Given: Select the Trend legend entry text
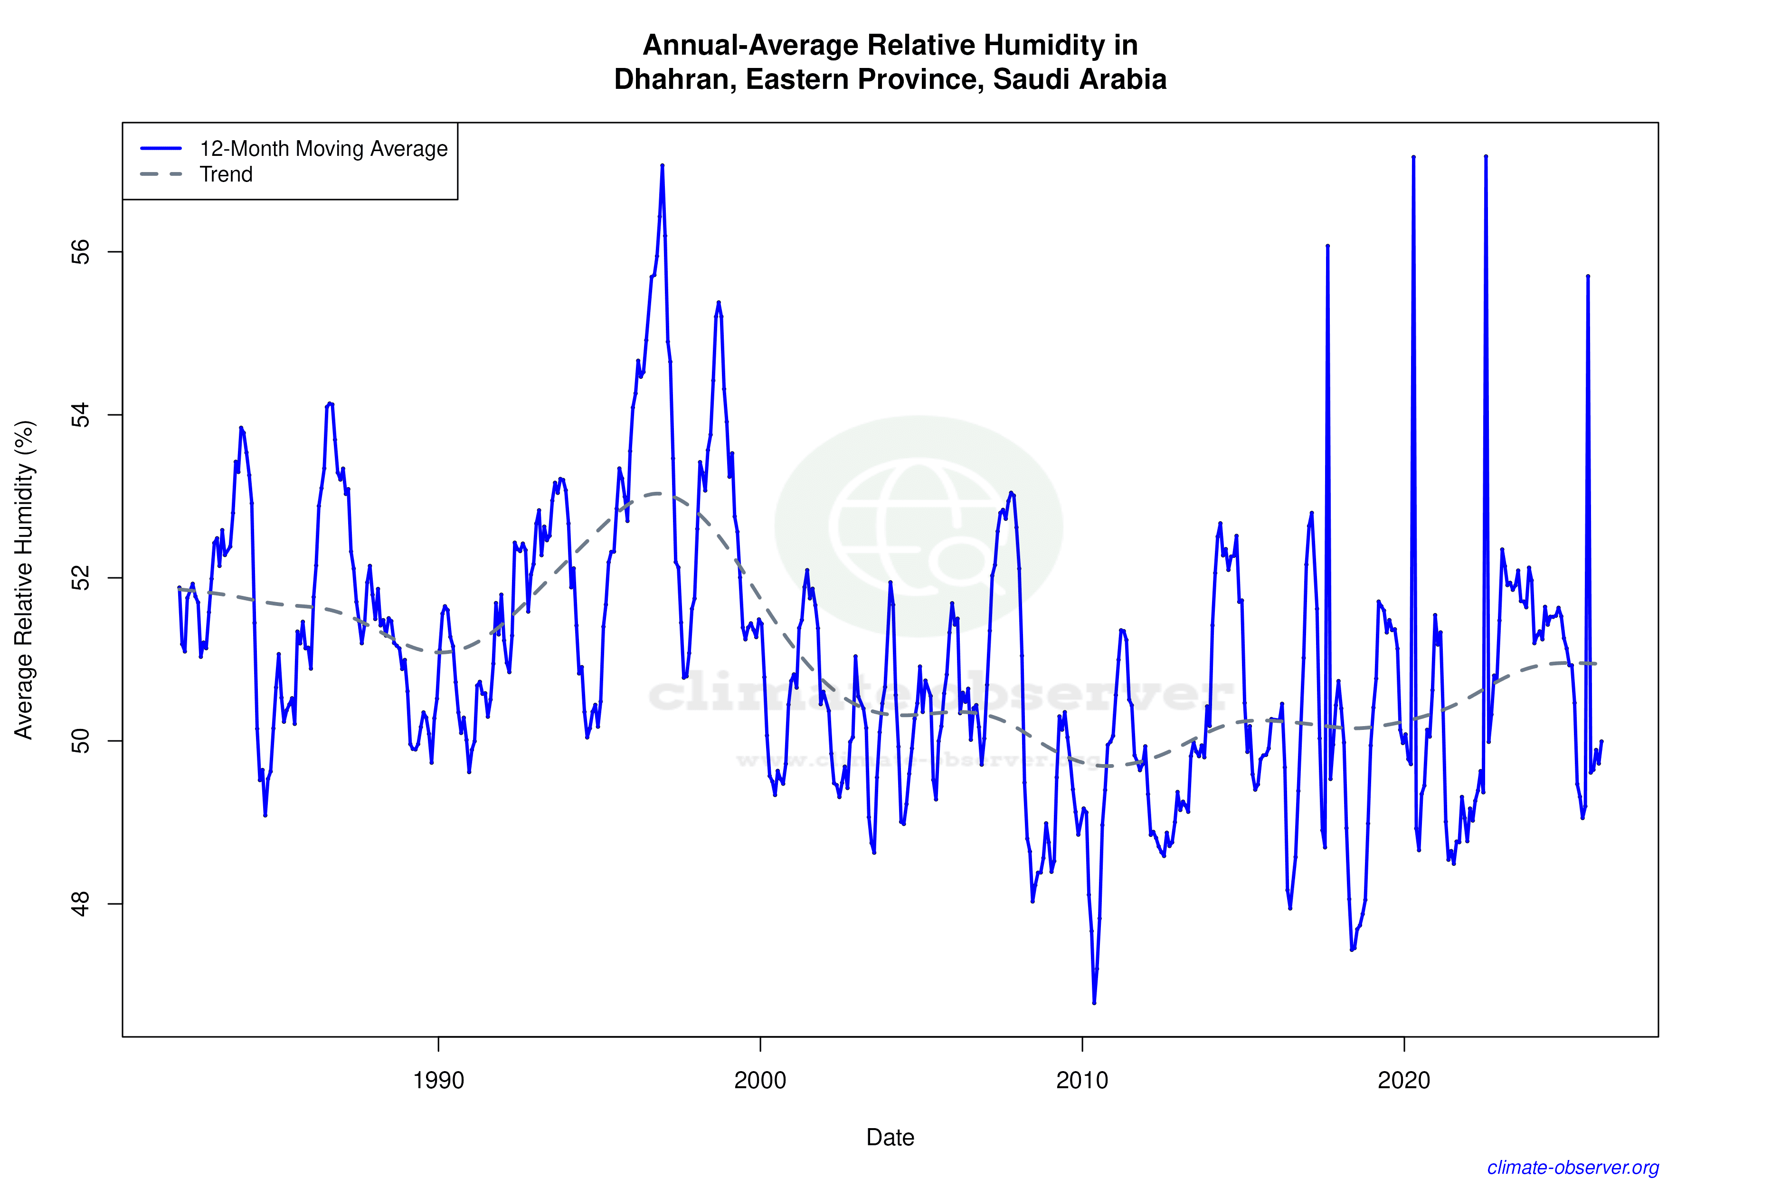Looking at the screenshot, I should (x=226, y=174).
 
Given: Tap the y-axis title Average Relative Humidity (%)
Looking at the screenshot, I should (x=24, y=580).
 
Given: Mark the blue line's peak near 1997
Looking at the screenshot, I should (x=662, y=165).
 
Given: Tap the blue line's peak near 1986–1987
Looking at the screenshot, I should (x=330, y=404).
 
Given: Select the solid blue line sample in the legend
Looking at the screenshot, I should (x=161, y=148).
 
